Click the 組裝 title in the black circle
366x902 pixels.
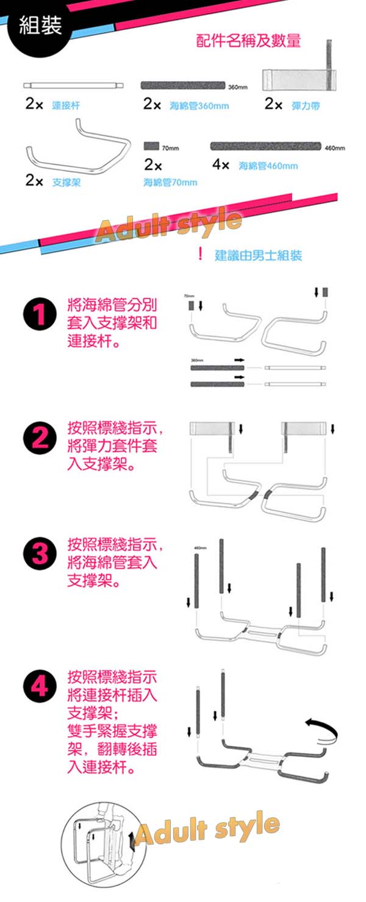(40, 26)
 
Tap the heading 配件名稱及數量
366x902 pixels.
(248, 41)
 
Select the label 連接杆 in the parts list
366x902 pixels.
(66, 106)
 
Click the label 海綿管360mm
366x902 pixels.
(199, 106)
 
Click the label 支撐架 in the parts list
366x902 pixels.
(66, 182)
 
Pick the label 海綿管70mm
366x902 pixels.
(170, 182)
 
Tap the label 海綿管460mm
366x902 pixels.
(268, 166)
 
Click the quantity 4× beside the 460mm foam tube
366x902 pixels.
(220, 165)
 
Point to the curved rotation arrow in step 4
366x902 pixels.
(321, 728)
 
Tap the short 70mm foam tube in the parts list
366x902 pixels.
(151, 147)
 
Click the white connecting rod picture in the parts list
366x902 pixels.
(74, 85)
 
